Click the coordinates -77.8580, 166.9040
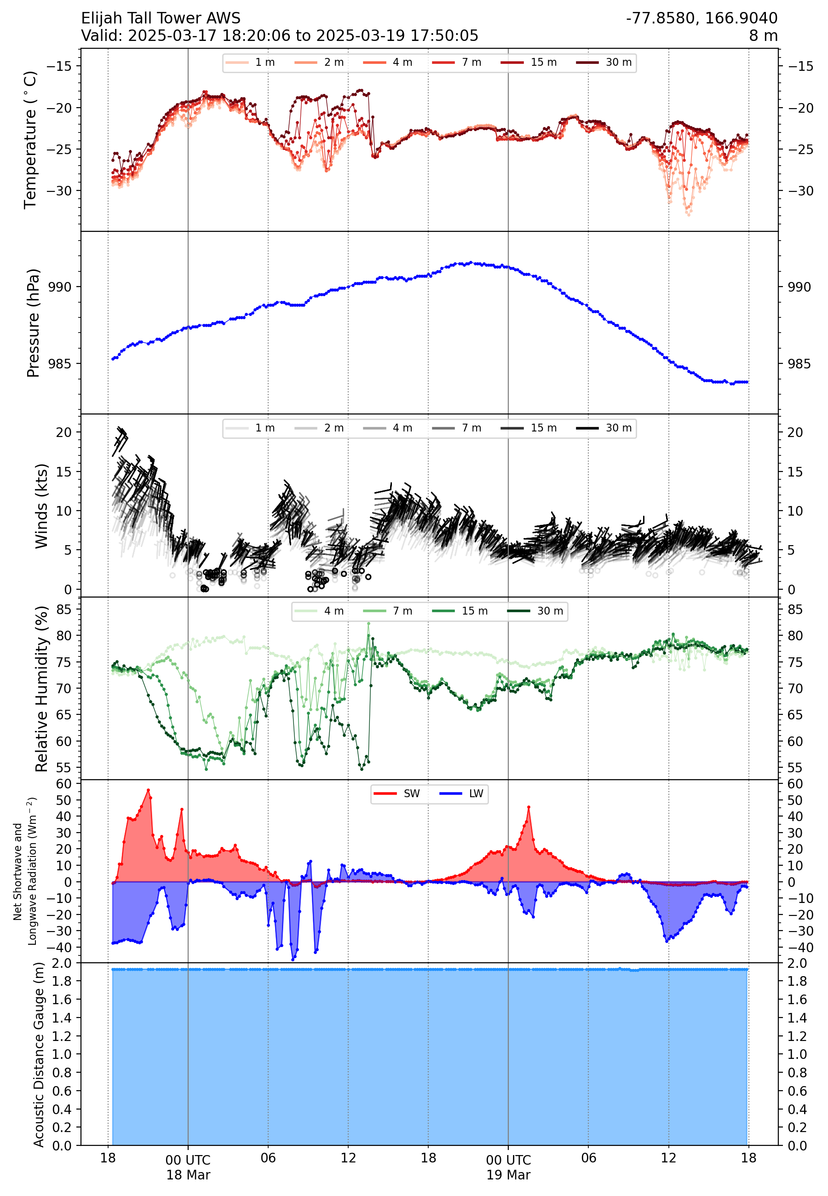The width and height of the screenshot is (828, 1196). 701,18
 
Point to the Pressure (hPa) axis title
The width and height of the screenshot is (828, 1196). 33,322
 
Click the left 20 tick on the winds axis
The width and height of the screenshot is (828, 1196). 64,432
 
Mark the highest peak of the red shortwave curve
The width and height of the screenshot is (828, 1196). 149,790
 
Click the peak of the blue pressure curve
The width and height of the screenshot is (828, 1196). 471,263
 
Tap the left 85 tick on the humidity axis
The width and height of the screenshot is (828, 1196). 64,609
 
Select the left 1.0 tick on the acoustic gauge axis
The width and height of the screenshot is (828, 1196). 62,1054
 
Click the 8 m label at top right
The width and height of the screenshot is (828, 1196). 763,36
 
